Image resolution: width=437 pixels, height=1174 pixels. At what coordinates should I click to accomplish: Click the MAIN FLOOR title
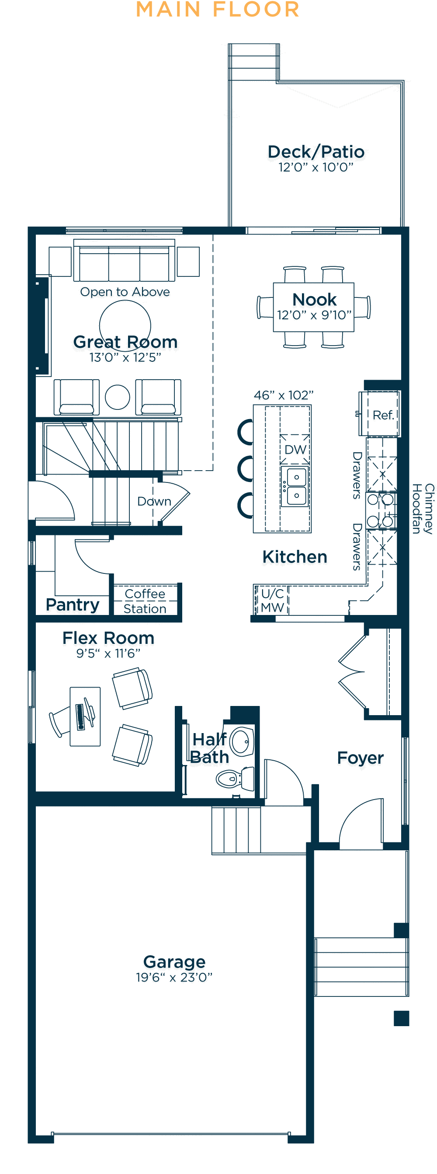pyautogui.click(x=218, y=10)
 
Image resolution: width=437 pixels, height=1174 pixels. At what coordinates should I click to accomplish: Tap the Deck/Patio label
pyautogui.click(x=316, y=152)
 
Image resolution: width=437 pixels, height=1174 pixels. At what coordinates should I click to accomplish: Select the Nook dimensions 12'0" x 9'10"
pyautogui.click(x=314, y=315)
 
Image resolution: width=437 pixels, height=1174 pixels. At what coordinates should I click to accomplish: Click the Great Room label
pyautogui.click(x=125, y=342)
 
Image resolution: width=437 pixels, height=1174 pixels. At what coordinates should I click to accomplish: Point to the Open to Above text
pyautogui.click(x=125, y=292)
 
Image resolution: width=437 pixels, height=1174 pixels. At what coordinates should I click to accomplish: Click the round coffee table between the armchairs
pyautogui.click(x=118, y=397)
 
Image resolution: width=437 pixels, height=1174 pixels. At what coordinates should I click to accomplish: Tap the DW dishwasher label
pyautogui.click(x=295, y=450)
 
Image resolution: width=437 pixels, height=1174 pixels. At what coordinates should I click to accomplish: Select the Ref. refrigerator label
pyautogui.click(x=383, y=415)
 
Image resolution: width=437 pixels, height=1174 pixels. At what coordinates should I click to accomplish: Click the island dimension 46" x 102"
pyautogui.click(x=284, y=395)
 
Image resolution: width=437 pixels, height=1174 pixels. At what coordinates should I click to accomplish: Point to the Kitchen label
pyautogui.click(x=295, y=557)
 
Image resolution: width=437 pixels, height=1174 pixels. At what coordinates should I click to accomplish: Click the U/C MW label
pyautogui.click(x=272, y=600)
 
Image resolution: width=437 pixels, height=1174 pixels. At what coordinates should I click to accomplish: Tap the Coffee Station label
pyautogui.click(x=145, y=601)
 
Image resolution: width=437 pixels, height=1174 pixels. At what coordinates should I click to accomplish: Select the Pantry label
pyautogui.click(x=73, y=605)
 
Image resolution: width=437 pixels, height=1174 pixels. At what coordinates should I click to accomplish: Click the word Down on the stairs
pyautogui.click(x=154, y=501)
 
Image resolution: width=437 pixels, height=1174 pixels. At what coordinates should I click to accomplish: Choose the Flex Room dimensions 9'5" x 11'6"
pyautogui.click(x=108, y=653)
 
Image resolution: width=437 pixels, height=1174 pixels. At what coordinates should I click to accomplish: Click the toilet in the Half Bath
pyautogui.click(x=236, y=779)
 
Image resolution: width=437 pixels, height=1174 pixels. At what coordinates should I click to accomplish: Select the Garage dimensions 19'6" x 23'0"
pyautogui.click(x=174, y=977)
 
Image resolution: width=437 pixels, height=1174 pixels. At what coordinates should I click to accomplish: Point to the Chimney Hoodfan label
pyautogui.click(x=423, y=509)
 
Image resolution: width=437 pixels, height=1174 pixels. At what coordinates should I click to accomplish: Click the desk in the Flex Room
pyautogui.click(x=85, y=716)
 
